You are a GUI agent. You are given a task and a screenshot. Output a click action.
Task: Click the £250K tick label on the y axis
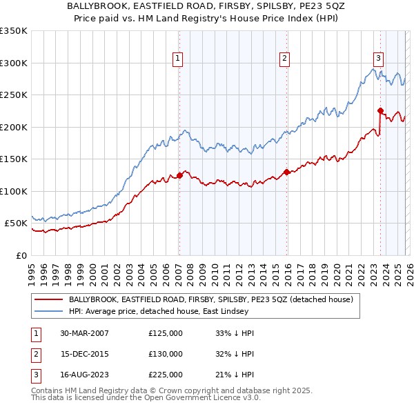[x=14, y=95]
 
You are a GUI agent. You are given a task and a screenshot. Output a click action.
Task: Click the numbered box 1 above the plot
[x=178, y=59]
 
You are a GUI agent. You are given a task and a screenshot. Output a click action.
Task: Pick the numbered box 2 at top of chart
[x=284, y=59]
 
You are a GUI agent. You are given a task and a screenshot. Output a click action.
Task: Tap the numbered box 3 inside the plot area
[x=379, y=59]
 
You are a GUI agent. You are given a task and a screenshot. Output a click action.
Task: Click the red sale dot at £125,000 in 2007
[x=179, y=175]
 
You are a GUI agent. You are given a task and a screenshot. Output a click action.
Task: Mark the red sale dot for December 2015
[x=286, y=172]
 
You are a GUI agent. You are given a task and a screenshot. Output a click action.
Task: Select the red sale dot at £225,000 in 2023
[x=380, y=110]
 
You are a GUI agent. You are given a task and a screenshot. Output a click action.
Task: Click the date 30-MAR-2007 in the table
[x=84, y=333]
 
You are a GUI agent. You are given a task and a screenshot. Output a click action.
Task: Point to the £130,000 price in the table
[x=166, y=354]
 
